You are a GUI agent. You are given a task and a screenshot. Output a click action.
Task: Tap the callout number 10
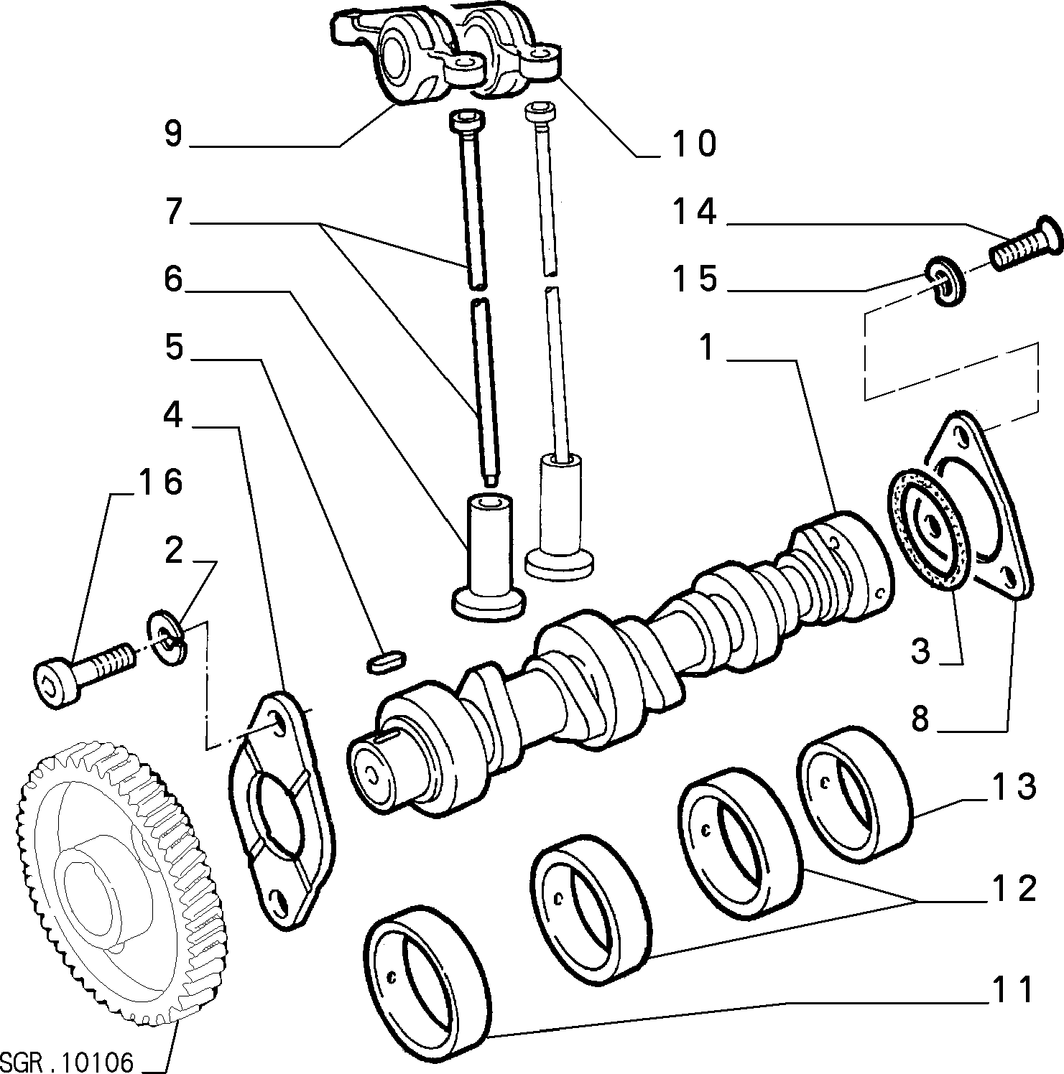click(695, 144)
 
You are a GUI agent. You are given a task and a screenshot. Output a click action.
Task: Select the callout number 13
click(1014, 788)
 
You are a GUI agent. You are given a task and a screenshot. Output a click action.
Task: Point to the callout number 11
click(1012, 990)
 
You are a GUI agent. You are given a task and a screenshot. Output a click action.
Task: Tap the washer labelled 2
click(167, 637)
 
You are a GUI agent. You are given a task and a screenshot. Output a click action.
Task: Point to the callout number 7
click(173, 212)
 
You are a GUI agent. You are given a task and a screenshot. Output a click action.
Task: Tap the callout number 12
click(1014, 888)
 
